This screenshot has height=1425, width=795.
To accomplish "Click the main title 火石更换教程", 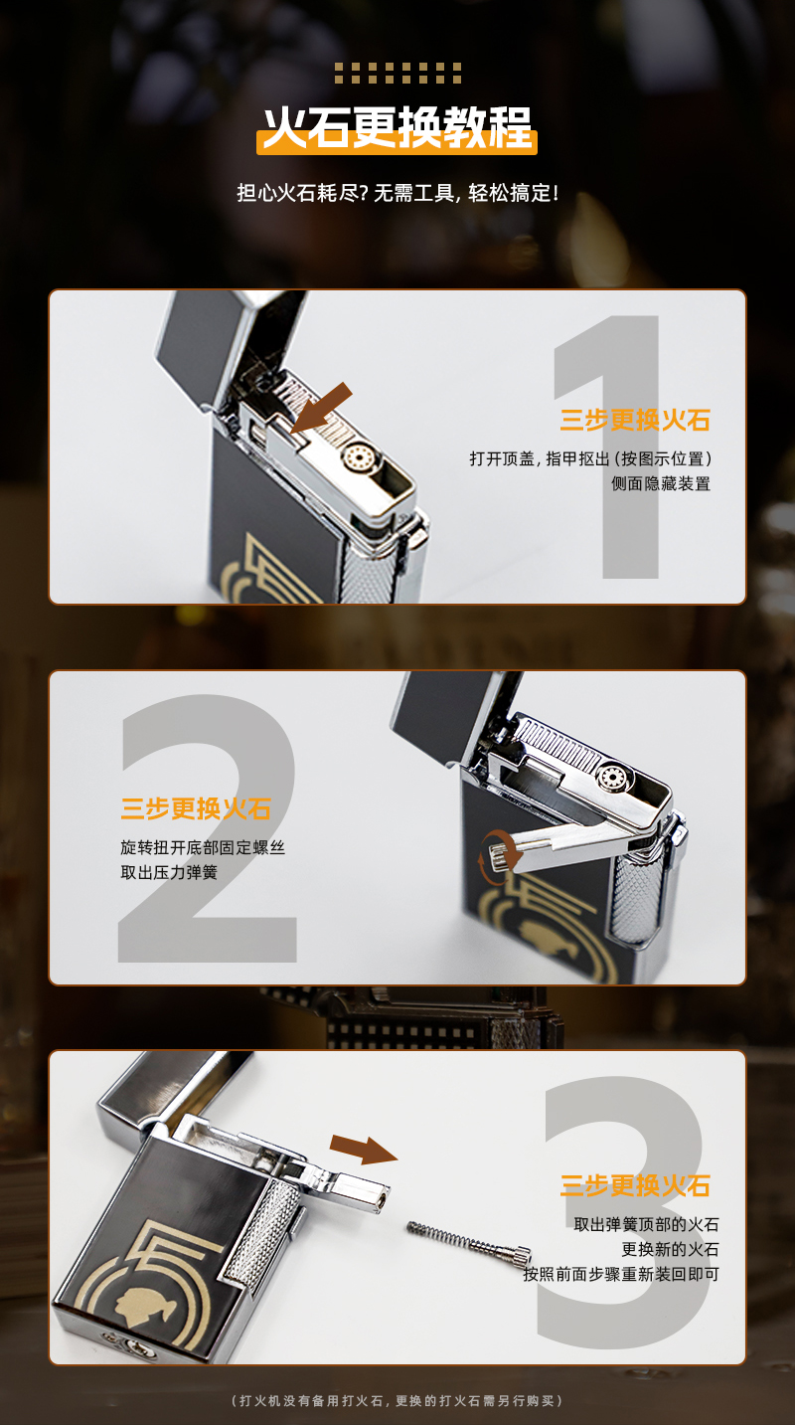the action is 397,128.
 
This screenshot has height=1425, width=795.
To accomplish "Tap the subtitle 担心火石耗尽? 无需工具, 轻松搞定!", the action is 397,193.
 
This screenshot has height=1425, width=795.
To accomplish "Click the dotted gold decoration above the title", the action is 397,74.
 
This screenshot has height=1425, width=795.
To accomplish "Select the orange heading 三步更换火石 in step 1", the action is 634,420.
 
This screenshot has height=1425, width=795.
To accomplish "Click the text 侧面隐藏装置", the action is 661,483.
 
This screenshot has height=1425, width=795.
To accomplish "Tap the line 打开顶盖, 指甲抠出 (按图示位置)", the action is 590,458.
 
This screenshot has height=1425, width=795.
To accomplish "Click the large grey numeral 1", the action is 606,446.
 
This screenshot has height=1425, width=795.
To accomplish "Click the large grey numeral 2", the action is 208,828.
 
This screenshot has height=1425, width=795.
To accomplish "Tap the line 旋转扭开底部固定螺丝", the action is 203,847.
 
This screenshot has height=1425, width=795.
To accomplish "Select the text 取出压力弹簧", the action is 169,872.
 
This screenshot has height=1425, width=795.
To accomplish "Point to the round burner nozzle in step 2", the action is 612,777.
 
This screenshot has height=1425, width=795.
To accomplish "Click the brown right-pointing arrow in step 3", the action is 364,1149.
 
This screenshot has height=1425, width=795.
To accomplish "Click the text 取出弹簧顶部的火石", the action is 646,1224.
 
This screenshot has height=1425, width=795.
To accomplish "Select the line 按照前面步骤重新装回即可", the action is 621,1274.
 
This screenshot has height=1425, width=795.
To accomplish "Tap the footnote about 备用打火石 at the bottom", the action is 397,1400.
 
